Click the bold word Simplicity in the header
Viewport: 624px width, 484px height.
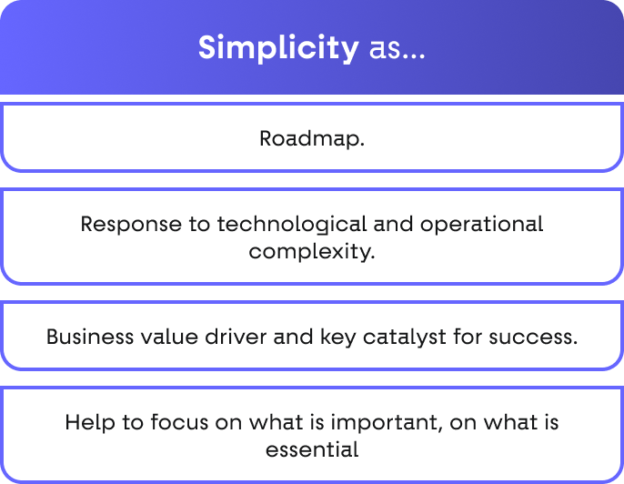(278, 48)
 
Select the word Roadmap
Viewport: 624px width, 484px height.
(312, 139)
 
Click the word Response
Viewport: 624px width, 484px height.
(131, 224)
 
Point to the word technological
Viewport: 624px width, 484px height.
(292, 224)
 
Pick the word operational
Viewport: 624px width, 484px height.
(481, 224)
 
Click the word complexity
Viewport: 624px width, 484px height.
(312, 251)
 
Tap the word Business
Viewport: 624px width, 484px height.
(90, 338)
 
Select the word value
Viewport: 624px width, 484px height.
(169, 338)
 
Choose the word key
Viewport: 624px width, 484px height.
(337, 338)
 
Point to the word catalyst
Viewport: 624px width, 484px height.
(404, 338)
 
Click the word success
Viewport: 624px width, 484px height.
(533, 338)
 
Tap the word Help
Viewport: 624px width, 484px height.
(90, 423)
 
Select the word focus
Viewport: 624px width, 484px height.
(179, 422)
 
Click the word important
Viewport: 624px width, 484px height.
(386, 423)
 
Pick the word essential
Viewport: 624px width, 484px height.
(312, 449)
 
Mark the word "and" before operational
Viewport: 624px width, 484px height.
(393, 224)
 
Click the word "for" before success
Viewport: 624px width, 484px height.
(468, 338)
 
